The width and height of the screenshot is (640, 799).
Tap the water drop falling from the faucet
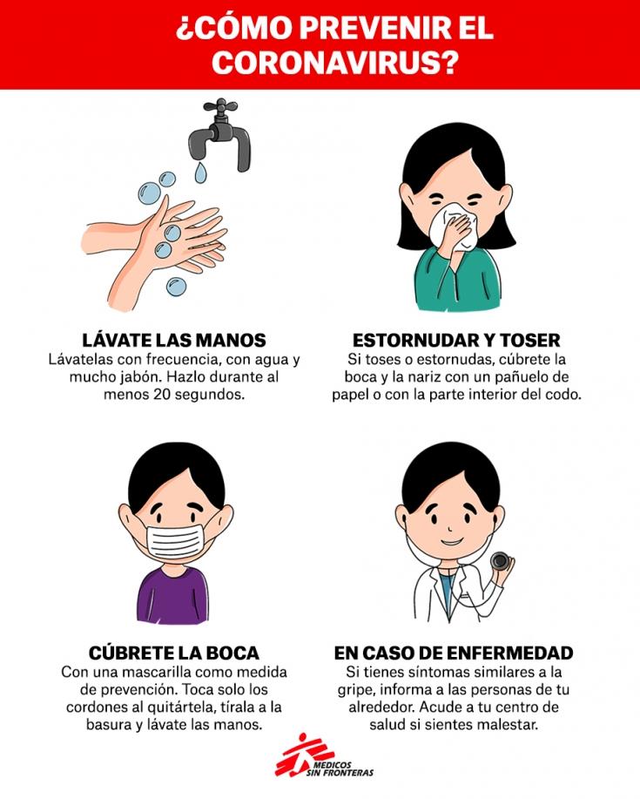coord(200,173)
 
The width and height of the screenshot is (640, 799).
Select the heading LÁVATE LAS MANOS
coord(174,340)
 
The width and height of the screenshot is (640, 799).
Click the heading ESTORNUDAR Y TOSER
coord(456,340)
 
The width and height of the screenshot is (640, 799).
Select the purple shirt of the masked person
coord(173,594)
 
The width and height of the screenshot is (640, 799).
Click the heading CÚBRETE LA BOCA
coord(173,653)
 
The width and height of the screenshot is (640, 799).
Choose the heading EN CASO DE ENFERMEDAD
coord(453,653)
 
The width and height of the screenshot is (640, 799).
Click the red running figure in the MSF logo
coord(300,755)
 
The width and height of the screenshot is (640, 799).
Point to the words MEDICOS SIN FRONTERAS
coord(340,769)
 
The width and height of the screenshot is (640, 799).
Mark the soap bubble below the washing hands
coord(175,286)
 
